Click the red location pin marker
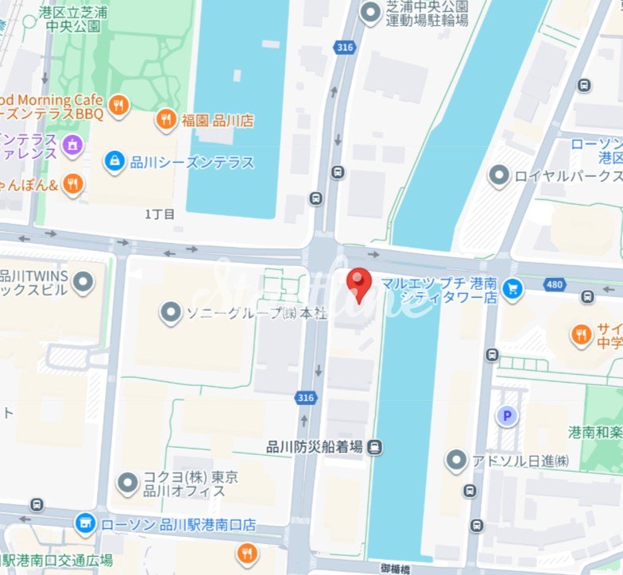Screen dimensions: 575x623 (x=359, y=284)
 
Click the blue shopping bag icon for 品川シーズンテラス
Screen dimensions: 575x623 (x=115, y=162)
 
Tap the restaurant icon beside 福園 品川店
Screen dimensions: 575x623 (x=165, y=120)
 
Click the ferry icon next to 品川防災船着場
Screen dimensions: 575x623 (x=375, y=447)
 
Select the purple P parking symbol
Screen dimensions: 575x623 (x=505, y=415)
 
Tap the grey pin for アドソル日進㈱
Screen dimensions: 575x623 (x=456, y=461)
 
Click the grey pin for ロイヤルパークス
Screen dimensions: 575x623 (x=499, y=176)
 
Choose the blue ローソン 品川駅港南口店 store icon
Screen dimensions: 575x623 (x=85, y=524)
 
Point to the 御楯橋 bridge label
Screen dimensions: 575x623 (x=396, y=567)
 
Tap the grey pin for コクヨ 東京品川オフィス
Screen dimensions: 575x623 (x=128, y=483)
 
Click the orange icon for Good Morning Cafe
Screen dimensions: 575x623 (x=118, y=105)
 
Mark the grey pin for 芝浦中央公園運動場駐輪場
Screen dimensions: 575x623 (x=370, y=12)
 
